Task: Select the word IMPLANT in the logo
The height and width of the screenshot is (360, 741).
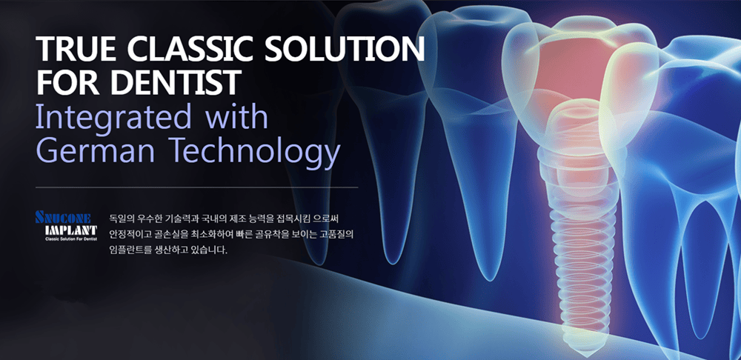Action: coord(70,230)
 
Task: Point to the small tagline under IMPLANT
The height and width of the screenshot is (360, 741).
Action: coord(71,240)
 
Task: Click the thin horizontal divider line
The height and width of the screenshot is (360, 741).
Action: coord(196,187)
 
